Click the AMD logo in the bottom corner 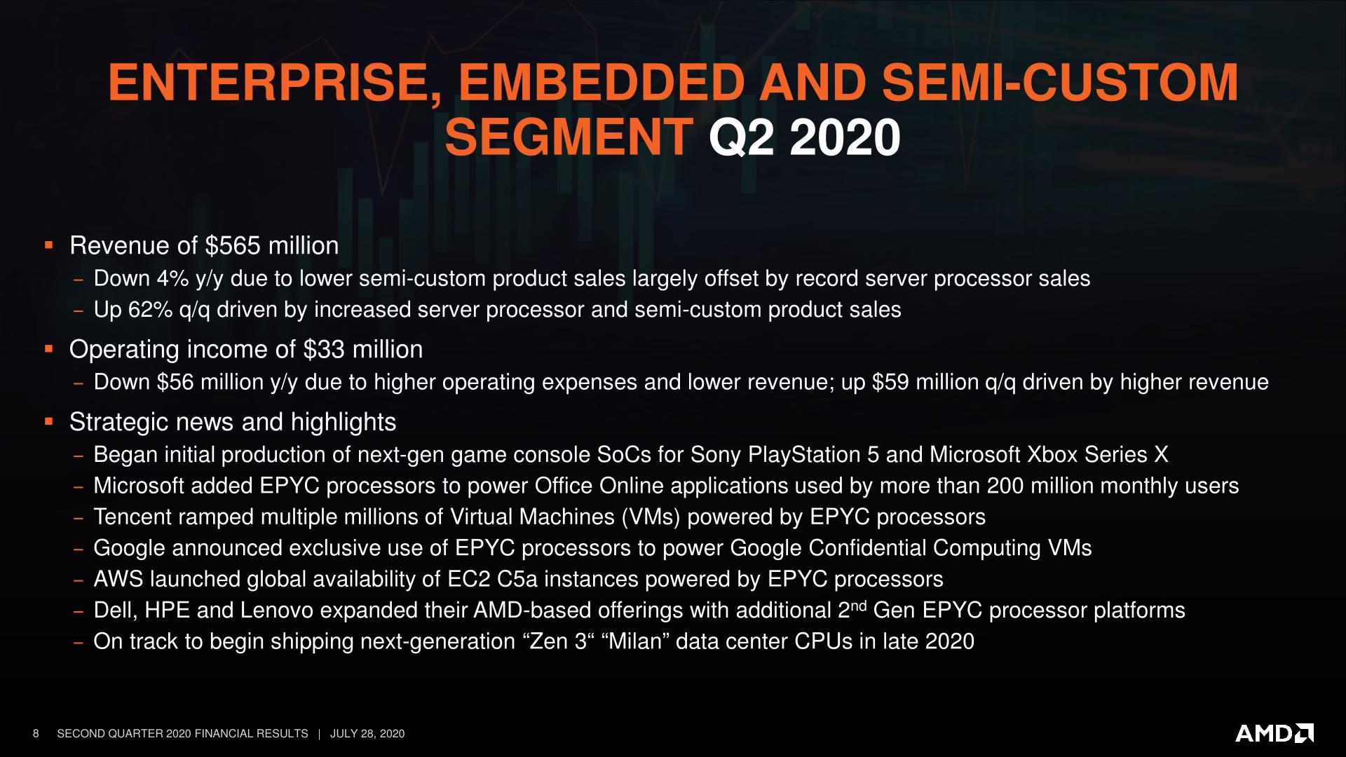[1274, 733]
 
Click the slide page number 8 [36, 734]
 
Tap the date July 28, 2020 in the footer [367, 734]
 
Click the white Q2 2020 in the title [804, 138]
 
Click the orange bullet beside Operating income [48, 348]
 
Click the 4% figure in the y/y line [172, 279]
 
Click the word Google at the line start [129, 548]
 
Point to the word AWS [118, 579]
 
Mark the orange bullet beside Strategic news [48, 421]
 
